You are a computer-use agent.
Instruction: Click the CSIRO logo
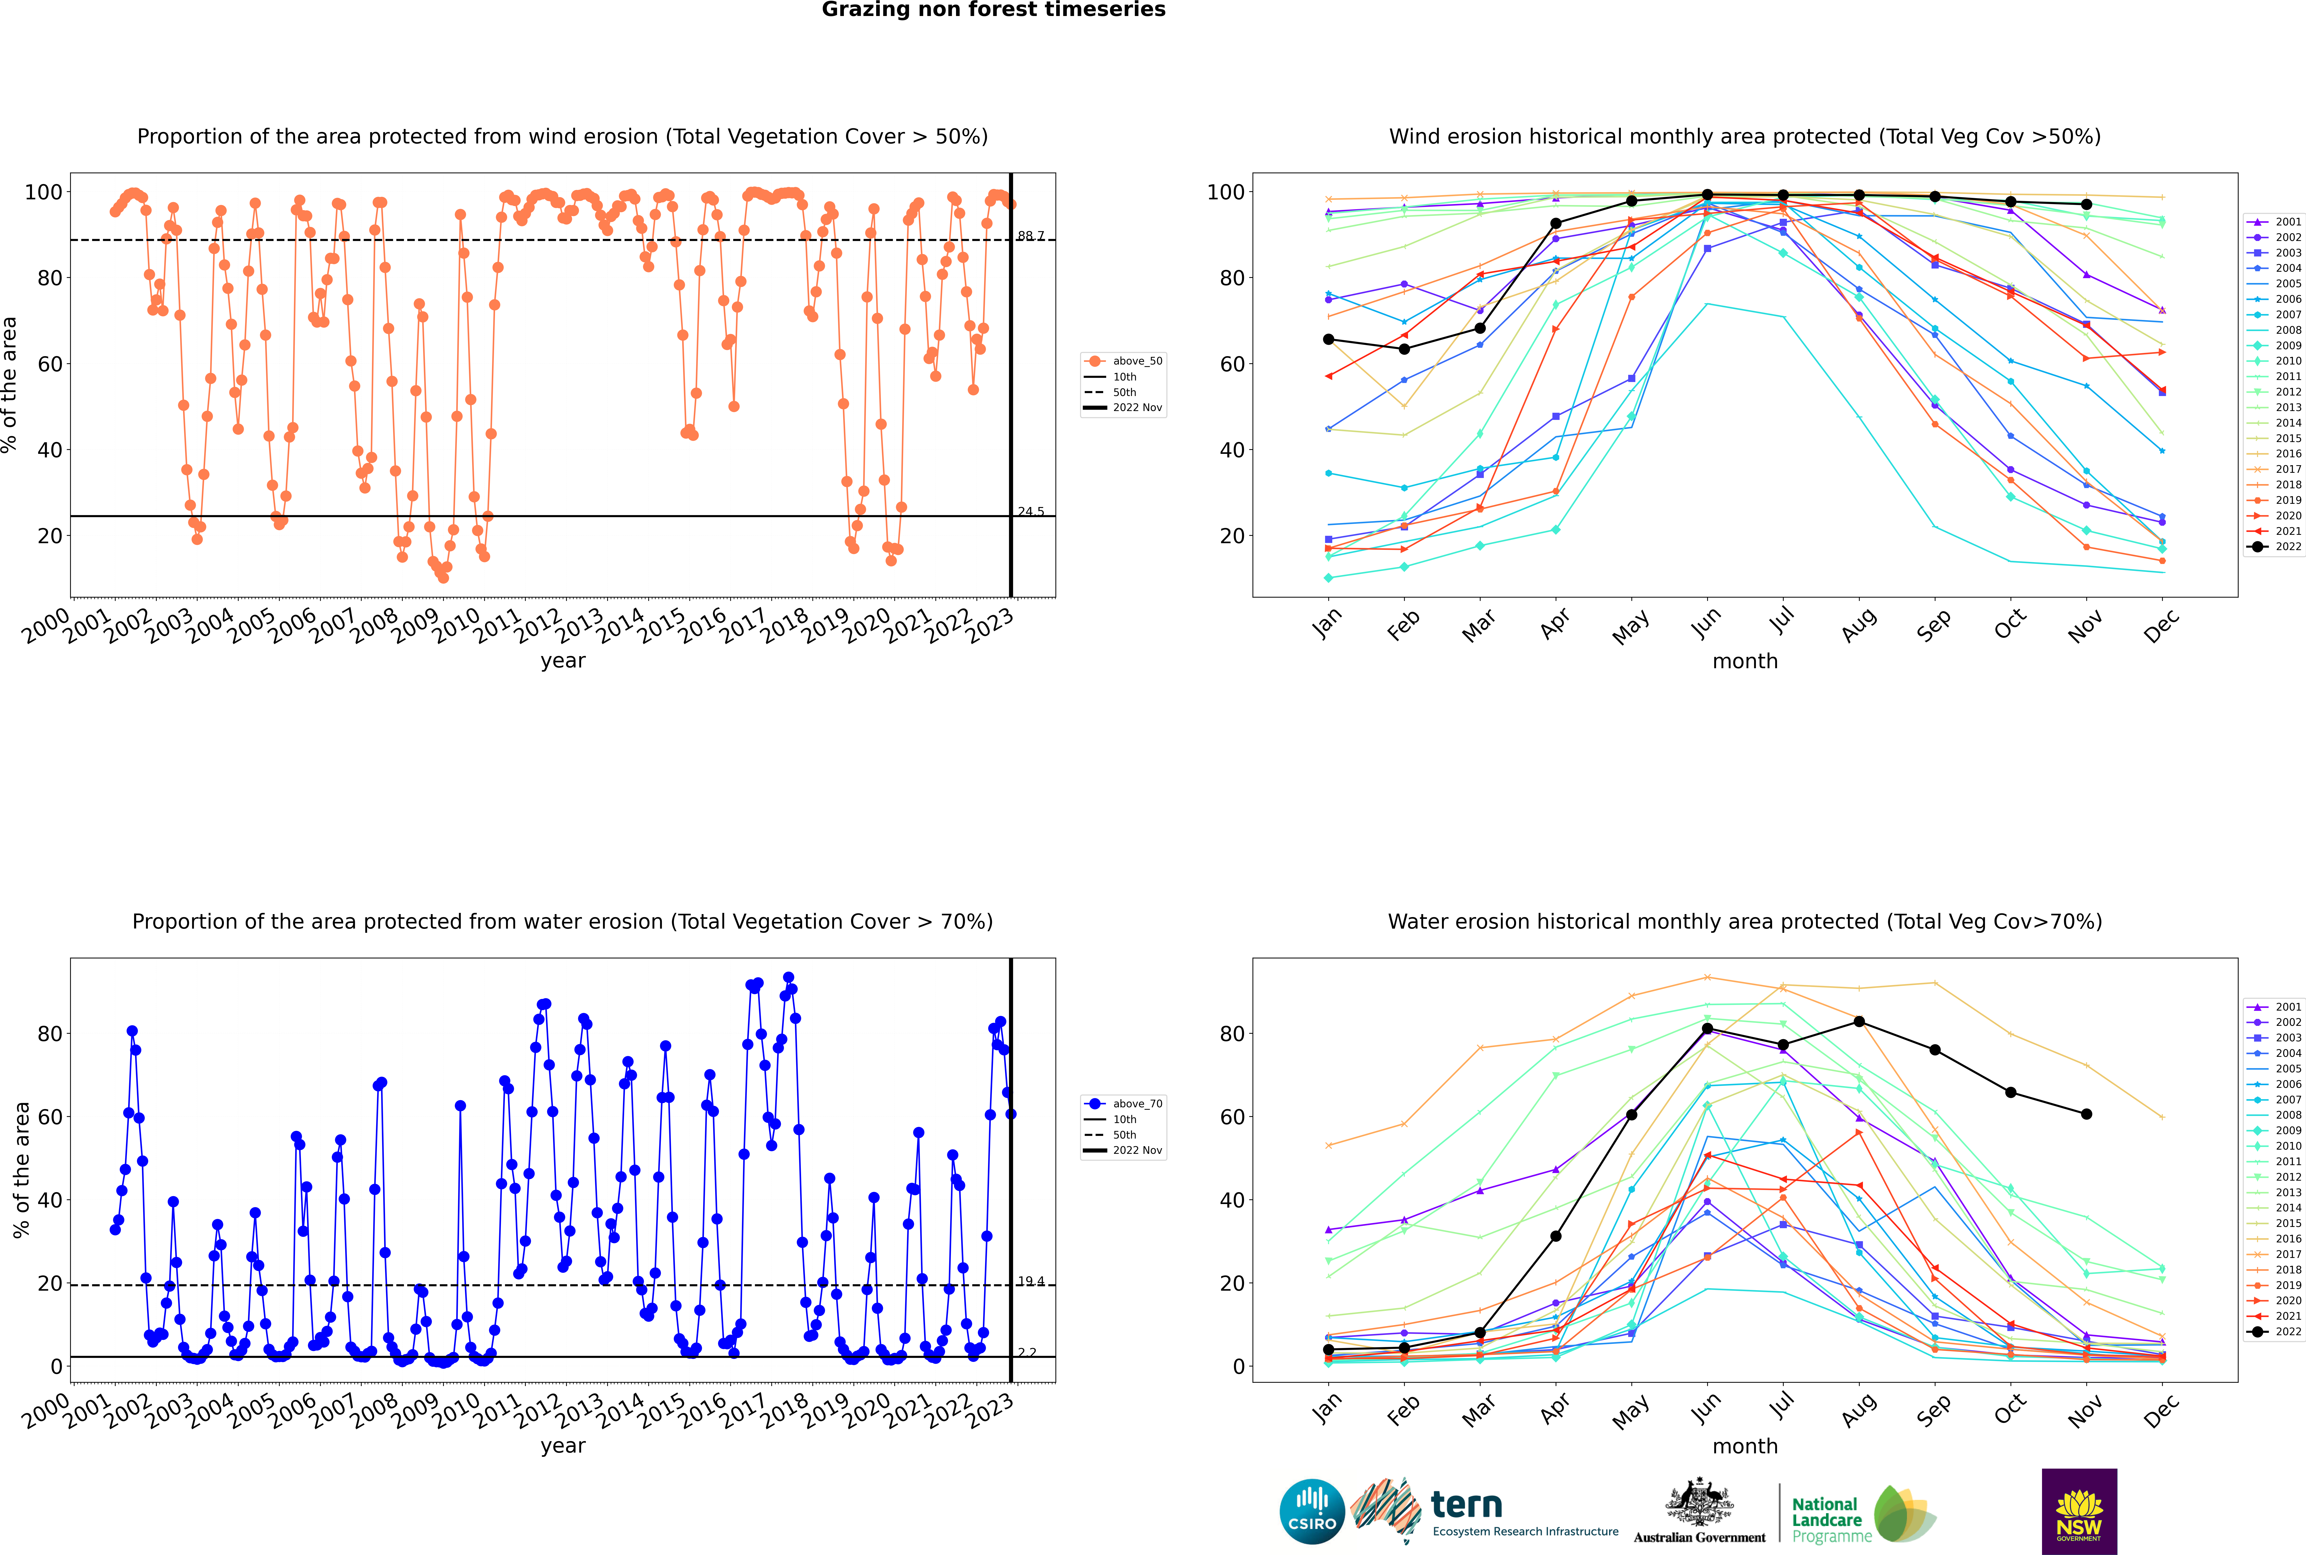(x=1312, y=1511)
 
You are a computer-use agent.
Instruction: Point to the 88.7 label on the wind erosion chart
(x=1031, y=236)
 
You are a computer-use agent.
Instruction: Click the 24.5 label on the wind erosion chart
(x=1031, y=512)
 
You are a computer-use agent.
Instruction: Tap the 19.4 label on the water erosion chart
(x=1031, y=1281)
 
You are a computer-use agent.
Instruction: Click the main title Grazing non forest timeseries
(x=993, y=10)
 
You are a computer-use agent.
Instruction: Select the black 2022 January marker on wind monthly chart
(x=1329, y=339)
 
